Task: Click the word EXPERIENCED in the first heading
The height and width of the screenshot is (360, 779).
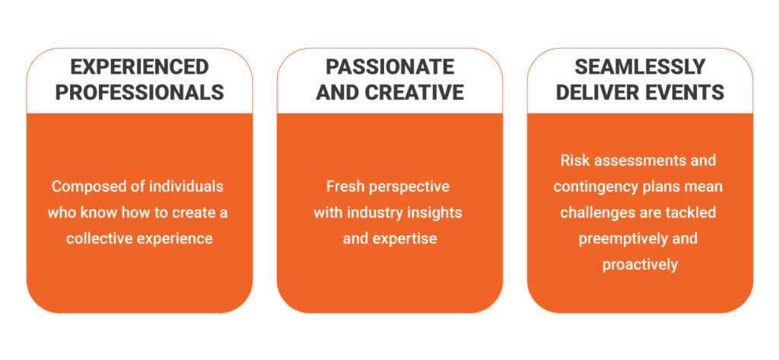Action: tap(139, 67)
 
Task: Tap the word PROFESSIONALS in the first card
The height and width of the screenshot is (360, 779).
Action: tap(139, 93)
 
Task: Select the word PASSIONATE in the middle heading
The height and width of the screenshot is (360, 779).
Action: tap(389, 67)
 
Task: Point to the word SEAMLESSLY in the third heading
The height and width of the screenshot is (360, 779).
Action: tap(640, 67)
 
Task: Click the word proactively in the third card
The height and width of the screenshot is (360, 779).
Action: tap(640, 265)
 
